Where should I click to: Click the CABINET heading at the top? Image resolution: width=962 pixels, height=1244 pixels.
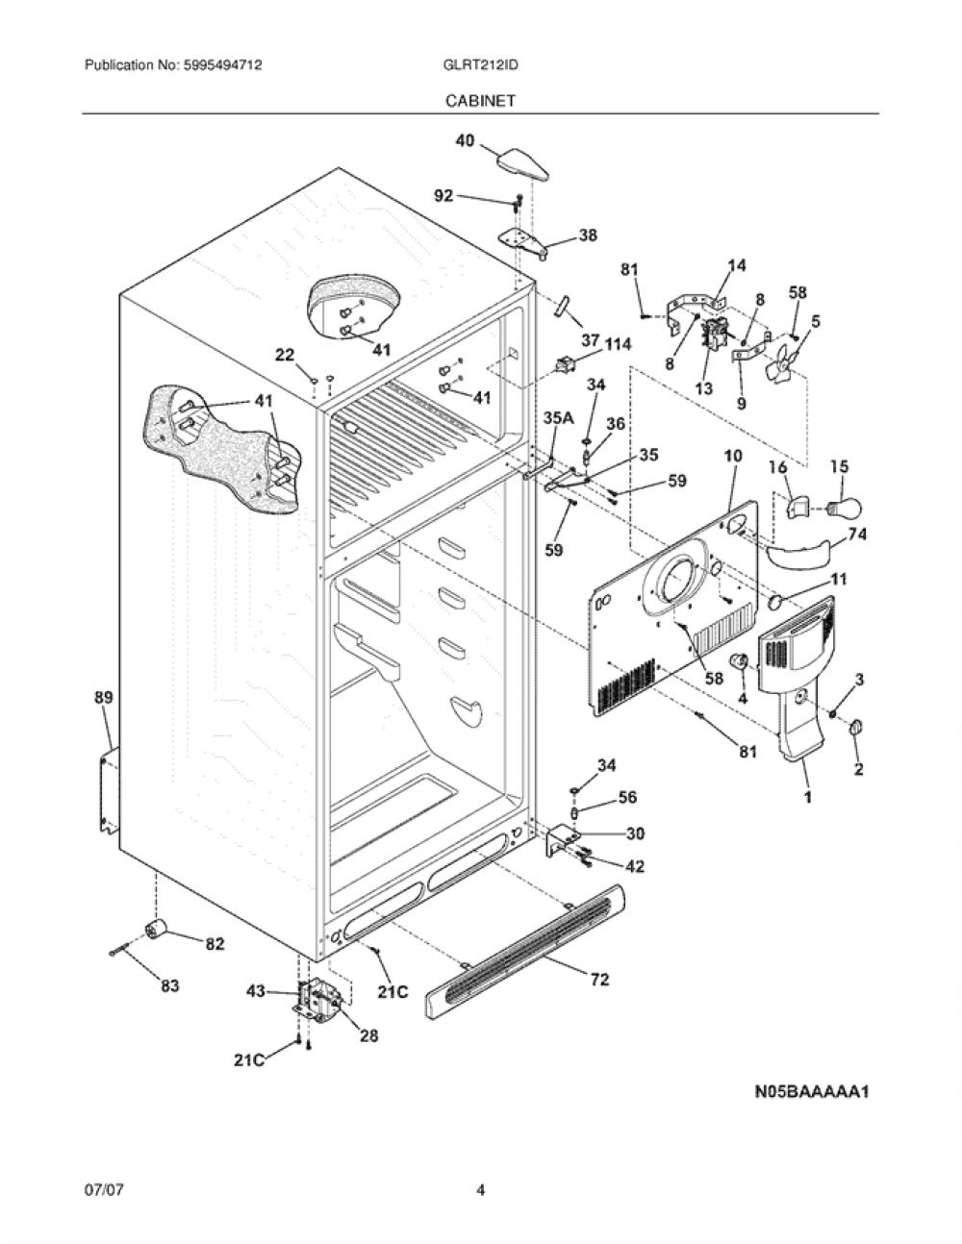[480, 101]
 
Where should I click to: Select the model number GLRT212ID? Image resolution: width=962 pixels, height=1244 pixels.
[480, 64]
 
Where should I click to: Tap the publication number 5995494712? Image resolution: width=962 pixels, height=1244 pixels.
[223, 64]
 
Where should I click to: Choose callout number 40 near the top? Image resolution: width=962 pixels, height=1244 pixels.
[466, 139]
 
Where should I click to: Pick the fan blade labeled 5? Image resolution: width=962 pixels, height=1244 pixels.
[783, 365]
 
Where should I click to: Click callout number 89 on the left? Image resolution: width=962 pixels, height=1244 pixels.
[104, 697]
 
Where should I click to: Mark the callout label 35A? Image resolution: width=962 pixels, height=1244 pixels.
[558, 418]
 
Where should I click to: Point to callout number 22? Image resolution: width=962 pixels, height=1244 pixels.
[285, 355]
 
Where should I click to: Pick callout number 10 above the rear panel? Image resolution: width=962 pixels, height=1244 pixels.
[733, 456]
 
